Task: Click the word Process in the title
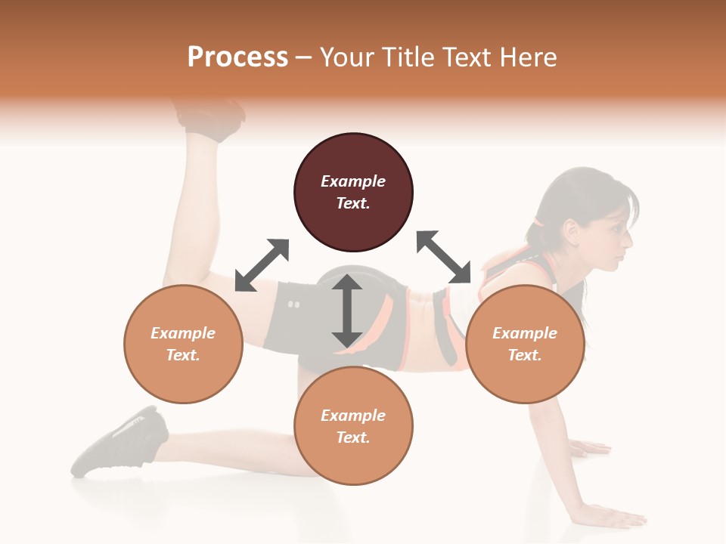(237, 57)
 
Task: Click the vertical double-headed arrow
(347, 311)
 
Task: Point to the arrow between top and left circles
(262, 265)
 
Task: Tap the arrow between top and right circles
(444, 257)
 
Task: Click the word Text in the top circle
(353, 203)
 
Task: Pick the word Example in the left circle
(183, 333)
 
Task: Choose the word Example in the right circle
(525, 333)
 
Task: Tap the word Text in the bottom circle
(353, 437)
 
